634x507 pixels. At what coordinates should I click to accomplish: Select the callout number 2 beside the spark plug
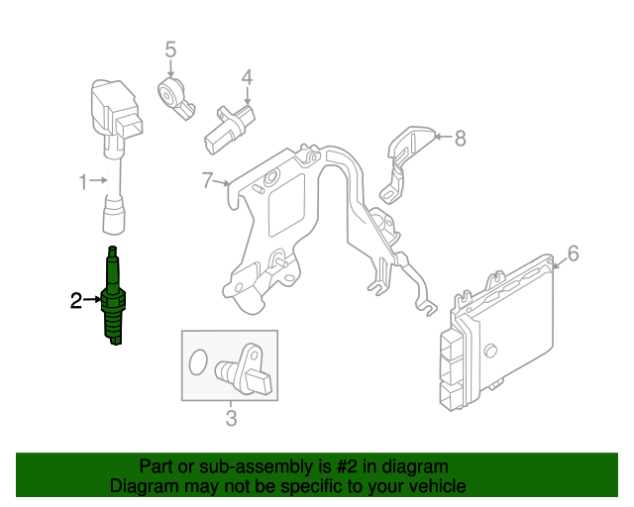(76, 300)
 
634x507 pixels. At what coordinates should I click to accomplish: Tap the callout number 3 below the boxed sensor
(231, 419)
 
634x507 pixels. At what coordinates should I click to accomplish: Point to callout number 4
(247, 77)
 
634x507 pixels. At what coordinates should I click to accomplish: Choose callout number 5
(170, 49)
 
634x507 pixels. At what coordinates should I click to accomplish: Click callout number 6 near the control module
(573, 254)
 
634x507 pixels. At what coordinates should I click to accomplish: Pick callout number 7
(207, 180)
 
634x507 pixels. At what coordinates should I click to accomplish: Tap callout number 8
(460, 139)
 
